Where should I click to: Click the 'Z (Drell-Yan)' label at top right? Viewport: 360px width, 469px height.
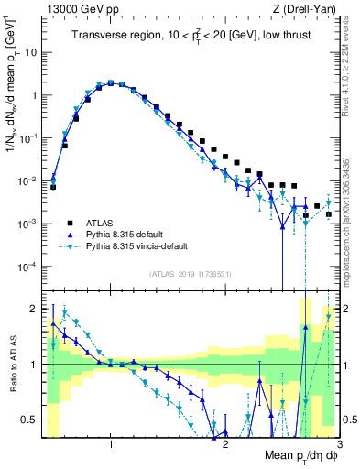click(x=308, y=9)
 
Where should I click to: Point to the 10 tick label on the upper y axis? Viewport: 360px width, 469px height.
click(x=31, y=52)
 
